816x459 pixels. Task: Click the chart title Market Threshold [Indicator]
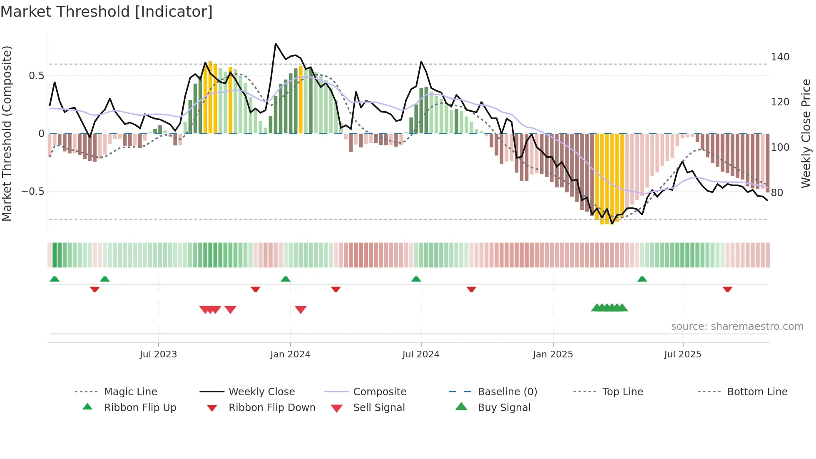(107, 12)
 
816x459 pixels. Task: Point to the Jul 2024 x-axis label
(420, 354)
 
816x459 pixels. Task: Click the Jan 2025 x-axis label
(552, 354)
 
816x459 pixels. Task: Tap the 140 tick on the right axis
(780, 57)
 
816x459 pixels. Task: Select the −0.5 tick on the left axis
(32, 192)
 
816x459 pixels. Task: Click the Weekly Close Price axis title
(806, 133)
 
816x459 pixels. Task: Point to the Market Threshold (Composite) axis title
(7, 133)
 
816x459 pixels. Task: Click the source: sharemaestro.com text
(737, 326)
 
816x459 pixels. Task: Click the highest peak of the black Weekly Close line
(276, 43)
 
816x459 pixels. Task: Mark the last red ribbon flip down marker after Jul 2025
(727, 289)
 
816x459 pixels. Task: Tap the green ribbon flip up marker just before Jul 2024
(416, 279)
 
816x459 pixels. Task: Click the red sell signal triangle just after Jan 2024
(301, 309)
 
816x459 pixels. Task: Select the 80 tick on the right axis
(777, 192)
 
